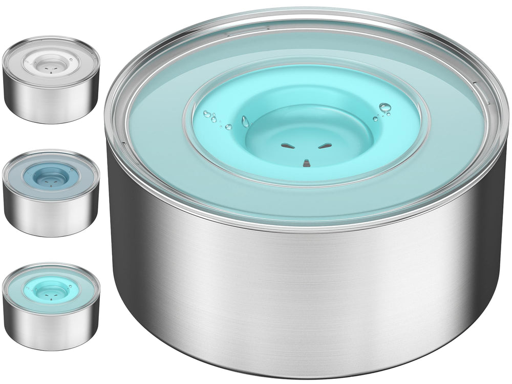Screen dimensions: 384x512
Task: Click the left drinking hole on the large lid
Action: pos(287,146)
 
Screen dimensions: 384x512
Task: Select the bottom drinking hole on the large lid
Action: pos(306,163)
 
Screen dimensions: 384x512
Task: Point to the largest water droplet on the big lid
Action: pos(385,108)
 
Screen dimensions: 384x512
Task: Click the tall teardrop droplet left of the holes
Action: pos(245,122)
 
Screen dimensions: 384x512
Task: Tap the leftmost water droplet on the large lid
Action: pos(207,114)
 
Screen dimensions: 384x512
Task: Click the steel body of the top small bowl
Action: pos(51,105)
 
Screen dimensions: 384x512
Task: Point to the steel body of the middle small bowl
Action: pos(51,218)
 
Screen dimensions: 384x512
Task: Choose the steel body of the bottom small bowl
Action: pos(51,330)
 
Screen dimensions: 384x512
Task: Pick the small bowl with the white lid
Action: pos(51,79)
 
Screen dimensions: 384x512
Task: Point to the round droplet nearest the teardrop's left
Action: pos(228,126)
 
